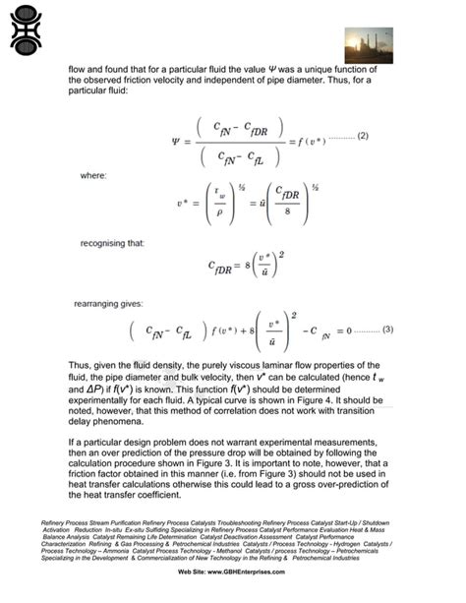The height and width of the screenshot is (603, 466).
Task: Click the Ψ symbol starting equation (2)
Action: [x=176, y=142]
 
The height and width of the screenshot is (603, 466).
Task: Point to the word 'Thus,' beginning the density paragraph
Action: [x=81, y=363]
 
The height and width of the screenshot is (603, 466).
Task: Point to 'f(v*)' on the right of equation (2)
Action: [x=319, y=143]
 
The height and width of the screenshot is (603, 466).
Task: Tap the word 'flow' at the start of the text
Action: [x=78, y=70]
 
